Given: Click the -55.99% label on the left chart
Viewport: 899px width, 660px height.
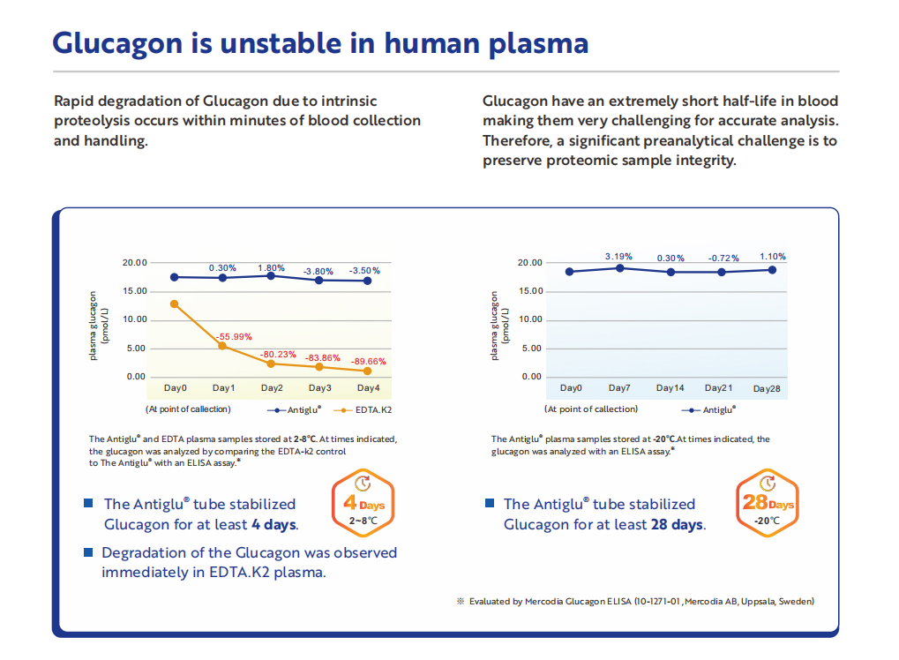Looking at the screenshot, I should tap(234, 336).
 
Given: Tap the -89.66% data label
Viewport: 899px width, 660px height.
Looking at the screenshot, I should tap(367, 361).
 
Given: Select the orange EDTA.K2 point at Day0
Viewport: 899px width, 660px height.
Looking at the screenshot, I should tap(175, 304).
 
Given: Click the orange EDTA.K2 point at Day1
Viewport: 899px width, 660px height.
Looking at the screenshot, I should tap(222, 346).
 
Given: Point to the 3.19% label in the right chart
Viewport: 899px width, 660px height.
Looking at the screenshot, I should tap(618, 257).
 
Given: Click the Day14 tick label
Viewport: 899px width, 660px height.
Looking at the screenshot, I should tap(670, 388).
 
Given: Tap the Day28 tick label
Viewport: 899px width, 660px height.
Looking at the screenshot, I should tap(767, 388).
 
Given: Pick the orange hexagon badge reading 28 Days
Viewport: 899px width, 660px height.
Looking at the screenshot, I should tap(767, 503).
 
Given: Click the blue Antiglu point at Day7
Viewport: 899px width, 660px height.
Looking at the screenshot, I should tap(620, 267).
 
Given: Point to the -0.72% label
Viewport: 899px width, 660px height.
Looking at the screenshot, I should tap(723, 258).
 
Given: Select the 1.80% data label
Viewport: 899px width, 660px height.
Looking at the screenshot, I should tap(271, 268).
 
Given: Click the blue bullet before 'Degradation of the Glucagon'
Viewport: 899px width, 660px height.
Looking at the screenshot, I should tap(88, 552).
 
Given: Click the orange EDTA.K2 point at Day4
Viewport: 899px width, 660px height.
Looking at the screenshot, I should tap(367, 371).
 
